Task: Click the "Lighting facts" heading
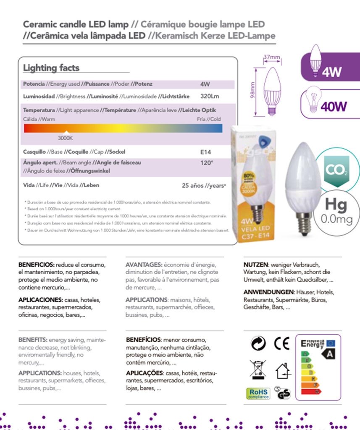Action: tap(51, 68)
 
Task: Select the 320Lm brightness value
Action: tap(210, 97)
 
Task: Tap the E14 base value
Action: tap(206, 152)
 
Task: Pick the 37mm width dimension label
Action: tap(272, 57)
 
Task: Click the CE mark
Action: tap(281, 343)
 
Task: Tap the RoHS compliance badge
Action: tap(258, 393)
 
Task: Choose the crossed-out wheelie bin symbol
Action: tap(258, 369)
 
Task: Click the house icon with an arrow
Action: tap(283, 370)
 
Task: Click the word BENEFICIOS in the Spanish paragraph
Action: tap(36, 265)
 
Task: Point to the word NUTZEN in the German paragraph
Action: tap(256, 265)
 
